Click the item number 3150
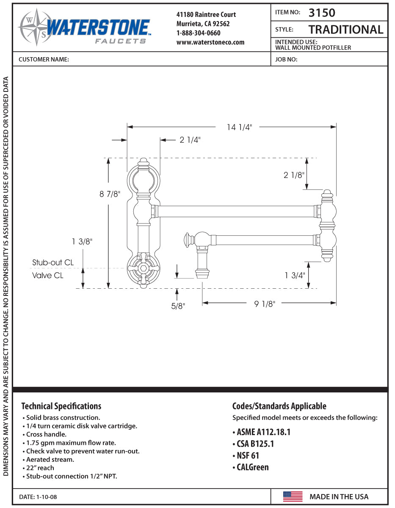coord(322,13)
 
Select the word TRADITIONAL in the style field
coord(345,30)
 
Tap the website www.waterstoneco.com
coord(210,42)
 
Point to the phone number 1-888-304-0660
coord(198,33)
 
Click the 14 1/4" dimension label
coord(239,127)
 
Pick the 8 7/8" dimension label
coord(110,194)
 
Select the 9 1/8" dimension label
coord(265,304)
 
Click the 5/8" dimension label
coord(178,306)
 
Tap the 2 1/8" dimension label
coord(294,174)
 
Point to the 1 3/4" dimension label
coord(295,275)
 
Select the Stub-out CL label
coord(53,262)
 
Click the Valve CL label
coord(48,275)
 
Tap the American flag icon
coord(293,497)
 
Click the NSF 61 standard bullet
coord(246,456)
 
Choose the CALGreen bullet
coord(250,467)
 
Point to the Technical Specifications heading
coord(61,406)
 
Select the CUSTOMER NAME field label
coord(44,60)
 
